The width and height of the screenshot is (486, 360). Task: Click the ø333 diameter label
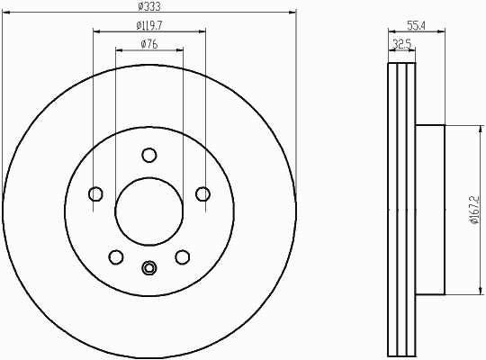coord(149,6)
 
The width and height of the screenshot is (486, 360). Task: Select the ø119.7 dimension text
coord(149,25)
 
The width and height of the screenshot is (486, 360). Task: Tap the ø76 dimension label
coord(149,44)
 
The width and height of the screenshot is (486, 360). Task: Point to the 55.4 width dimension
coord(416,26)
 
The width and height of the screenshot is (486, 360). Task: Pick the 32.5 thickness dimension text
coord(402,44)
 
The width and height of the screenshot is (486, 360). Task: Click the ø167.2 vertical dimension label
coord(474,210)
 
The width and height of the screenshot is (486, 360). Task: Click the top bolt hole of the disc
coord(149,155)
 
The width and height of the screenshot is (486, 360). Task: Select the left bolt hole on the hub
coord(95,194)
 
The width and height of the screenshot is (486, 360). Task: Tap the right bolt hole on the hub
coord(202,194)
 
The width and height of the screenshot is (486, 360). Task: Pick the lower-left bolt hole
coord(116,257)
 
